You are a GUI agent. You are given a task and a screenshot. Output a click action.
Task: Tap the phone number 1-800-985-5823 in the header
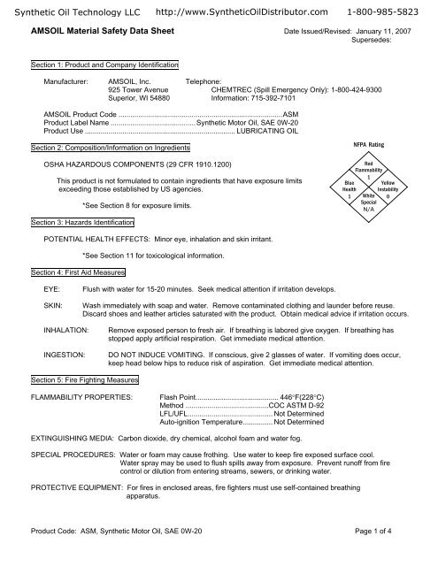[388, 9]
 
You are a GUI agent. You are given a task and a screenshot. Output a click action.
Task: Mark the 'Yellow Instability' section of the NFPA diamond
[388, 189]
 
